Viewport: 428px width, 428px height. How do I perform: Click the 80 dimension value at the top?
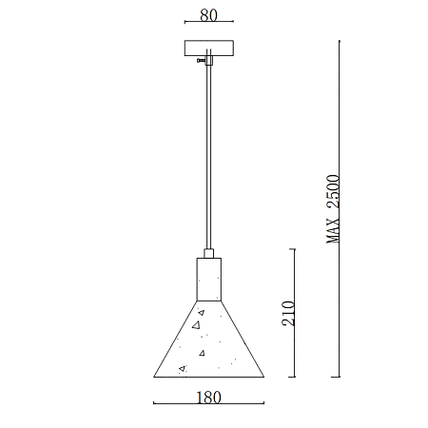point(208,15)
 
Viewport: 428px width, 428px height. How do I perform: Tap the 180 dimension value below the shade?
point(208,398)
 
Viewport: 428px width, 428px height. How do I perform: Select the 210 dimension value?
point(288,313)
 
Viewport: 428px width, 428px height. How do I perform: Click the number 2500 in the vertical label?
point(333,191)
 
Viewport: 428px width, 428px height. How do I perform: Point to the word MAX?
point(333,230)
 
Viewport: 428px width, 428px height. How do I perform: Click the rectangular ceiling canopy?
point(209,49)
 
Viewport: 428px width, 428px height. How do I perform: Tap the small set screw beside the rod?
point(201,60)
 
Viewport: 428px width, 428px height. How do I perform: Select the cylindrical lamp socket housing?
point(209,280)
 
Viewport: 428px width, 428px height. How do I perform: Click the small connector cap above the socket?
point(208,254)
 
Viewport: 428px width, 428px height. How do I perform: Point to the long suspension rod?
point(208,157)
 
